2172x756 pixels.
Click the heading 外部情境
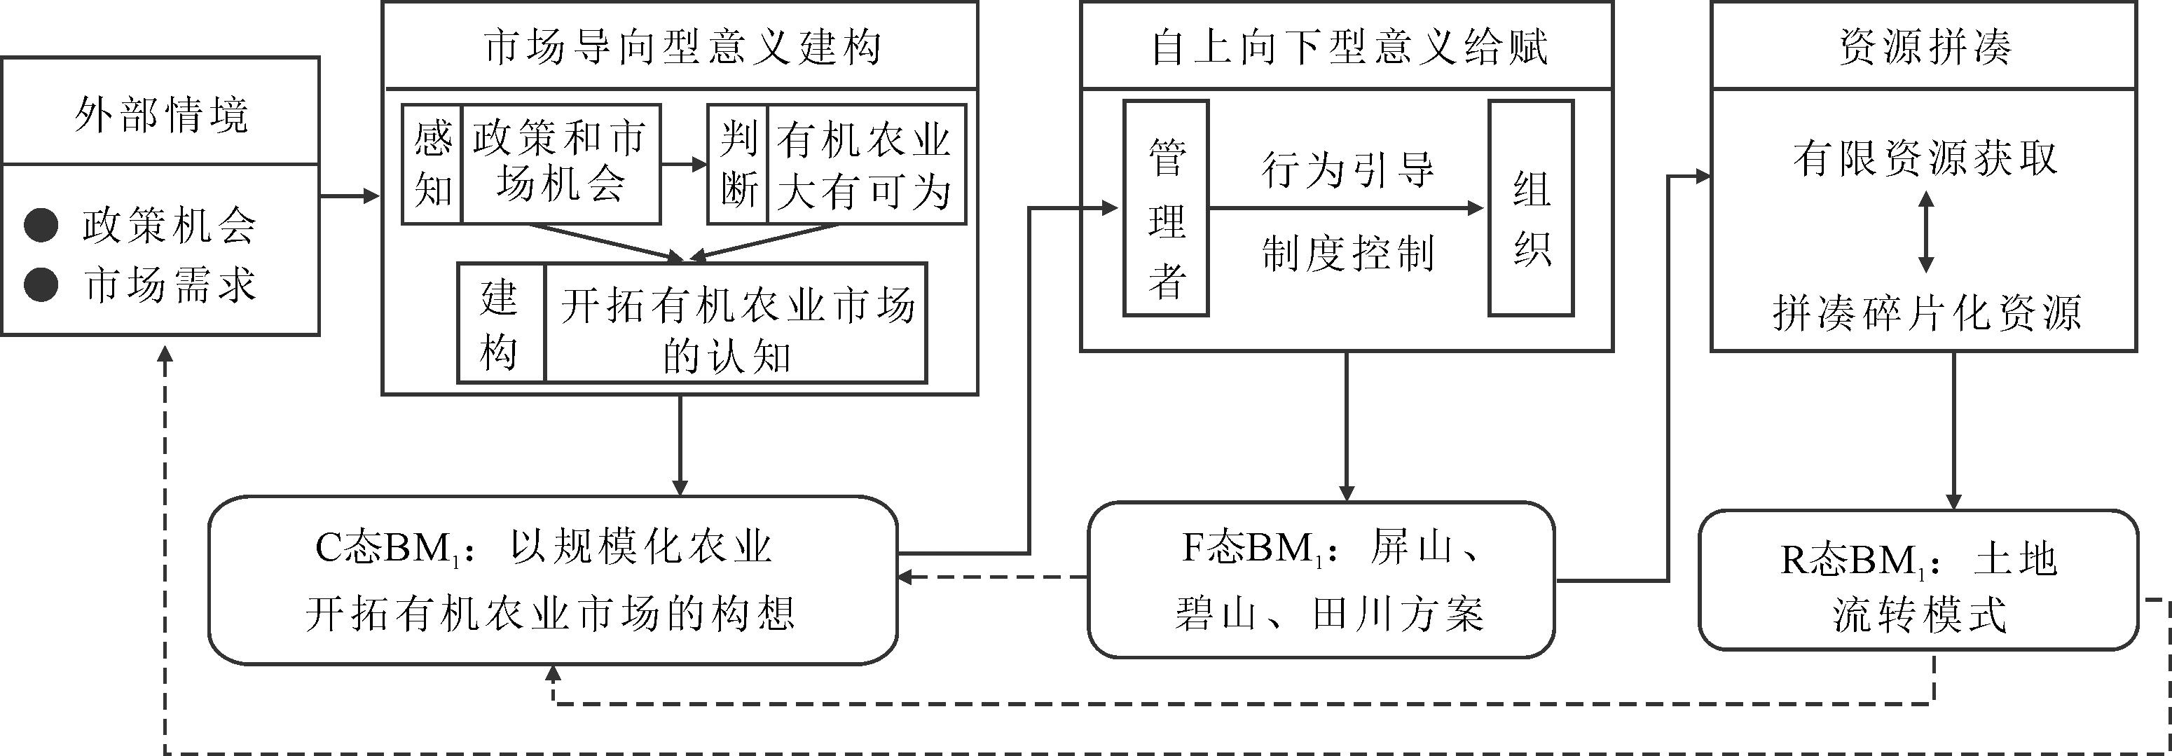161,113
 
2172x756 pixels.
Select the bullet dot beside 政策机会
41,226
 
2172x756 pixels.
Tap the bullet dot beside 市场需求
41,285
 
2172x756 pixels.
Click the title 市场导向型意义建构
681,46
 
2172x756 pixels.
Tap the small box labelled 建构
501,324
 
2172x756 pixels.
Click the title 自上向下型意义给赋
1347,46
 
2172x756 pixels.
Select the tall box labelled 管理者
1166,208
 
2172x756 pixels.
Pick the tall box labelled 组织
1531,208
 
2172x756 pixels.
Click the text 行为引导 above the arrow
1347,170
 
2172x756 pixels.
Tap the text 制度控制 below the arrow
1347,253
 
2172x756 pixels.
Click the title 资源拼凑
1924,46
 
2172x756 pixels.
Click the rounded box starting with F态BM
1321,580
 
